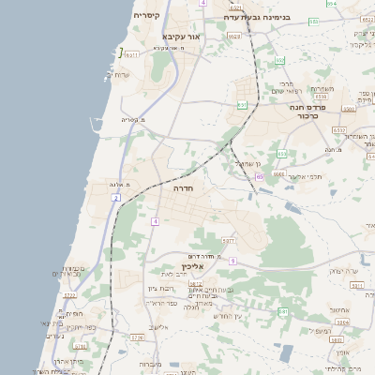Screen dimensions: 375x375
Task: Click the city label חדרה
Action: click(182, 187)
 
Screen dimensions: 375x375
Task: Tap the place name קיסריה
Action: click(147, 16)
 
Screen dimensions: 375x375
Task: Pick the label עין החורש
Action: click(229, 316)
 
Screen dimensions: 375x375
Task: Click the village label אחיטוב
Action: click(340, 310)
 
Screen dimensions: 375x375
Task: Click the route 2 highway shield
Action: click(115, 199)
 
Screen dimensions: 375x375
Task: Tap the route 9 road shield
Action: click(232, 261)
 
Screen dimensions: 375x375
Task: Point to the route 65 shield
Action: click(259, 175)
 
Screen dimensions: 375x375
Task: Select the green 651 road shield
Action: click(242, 105)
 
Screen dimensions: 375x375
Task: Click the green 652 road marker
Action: click(279, 61)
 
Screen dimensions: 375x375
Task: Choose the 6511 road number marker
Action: click(132, 55)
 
